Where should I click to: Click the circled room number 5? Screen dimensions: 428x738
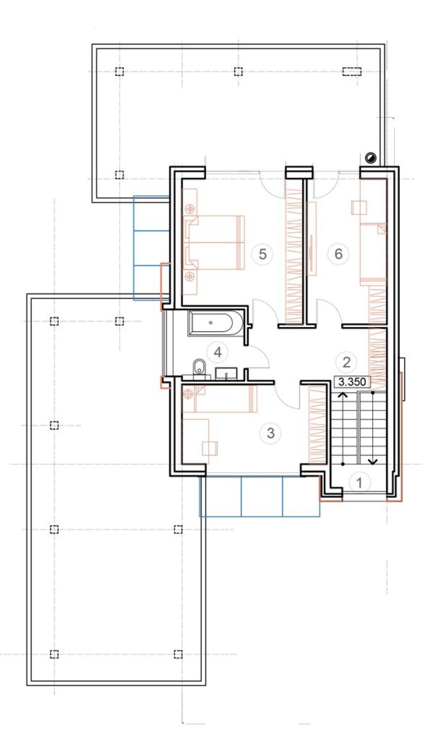(263, 254)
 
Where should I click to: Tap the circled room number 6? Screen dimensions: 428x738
(338, 254)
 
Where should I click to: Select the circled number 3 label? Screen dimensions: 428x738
(270, 433)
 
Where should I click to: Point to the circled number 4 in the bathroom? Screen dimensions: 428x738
(218, 352)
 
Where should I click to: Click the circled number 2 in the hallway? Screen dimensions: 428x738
(347, 362)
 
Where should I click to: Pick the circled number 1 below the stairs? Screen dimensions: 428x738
(359, 483)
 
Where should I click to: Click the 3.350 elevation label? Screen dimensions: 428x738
(352, 382)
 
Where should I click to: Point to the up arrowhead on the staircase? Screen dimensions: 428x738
(343, 394)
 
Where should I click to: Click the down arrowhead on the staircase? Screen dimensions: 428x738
(373, 461)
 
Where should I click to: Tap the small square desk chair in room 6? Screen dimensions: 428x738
(359, 207)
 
